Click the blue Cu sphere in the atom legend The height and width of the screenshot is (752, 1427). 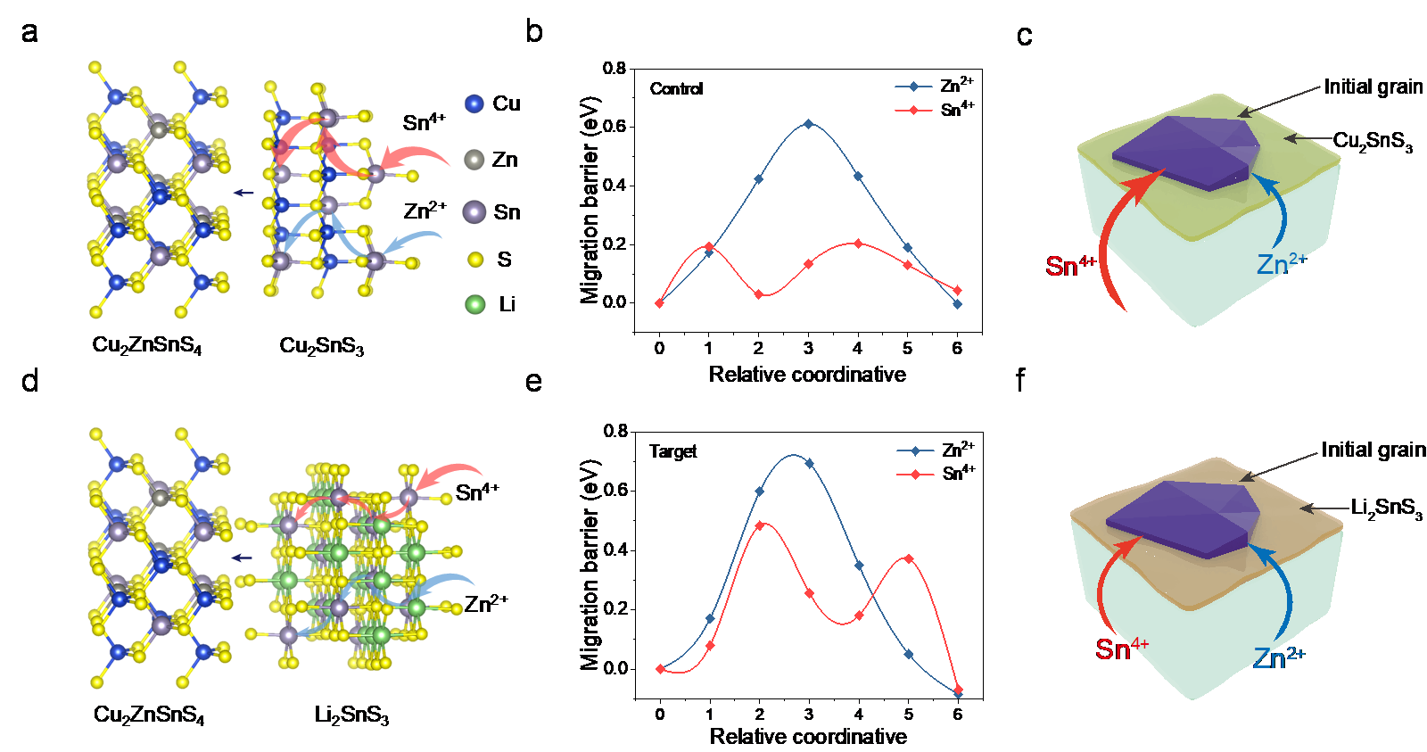pyautogui.click(x=474, y=103)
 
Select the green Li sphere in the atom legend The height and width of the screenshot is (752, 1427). pyautogui.click(x=475, y=304)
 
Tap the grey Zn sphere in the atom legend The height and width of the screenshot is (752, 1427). pyautogui.click(x=474, y=160)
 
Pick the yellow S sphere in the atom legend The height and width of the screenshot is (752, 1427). pyautogui.click(x=475, y=260)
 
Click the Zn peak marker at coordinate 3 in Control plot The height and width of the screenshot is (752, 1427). pyautogui.click(x=808, y=124)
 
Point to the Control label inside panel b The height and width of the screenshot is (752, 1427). pyautogui.click(x=676, y=89)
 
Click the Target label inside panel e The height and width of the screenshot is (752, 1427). pyautogui.click(x=672, y=451)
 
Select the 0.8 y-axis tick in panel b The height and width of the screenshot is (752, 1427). pyautogui.click(x=614, y=68)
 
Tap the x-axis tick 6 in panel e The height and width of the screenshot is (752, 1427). pyautogui.click(x=958, y=715)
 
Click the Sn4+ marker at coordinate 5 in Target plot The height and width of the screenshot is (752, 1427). pyautogui.click(x=909, y=558)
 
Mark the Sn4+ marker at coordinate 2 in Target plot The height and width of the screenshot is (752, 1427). pyautogui.click(x=760, y=525)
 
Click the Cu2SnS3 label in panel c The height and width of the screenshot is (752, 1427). pyautogui.click(x=1373, y=142)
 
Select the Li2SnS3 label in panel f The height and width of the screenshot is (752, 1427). pyautogui.click(x=1386, y=508)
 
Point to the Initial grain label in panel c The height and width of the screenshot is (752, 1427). pyautogui.click(x=1373, y=87)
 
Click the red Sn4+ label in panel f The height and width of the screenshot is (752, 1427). pyautogui.click(x=1122, y=649)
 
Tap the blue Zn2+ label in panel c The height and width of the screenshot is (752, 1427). pyautogui.click(x=1282, y=264)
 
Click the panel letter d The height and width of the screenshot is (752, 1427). pyautogui.click(x=30, y=382)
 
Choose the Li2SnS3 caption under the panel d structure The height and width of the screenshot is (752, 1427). pyautogui.click(x=351, y=715)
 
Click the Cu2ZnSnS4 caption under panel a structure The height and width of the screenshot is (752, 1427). pyautogui.click(x=147, y=345)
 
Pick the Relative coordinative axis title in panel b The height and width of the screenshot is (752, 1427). pyautogui.click(x=807, y=375)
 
